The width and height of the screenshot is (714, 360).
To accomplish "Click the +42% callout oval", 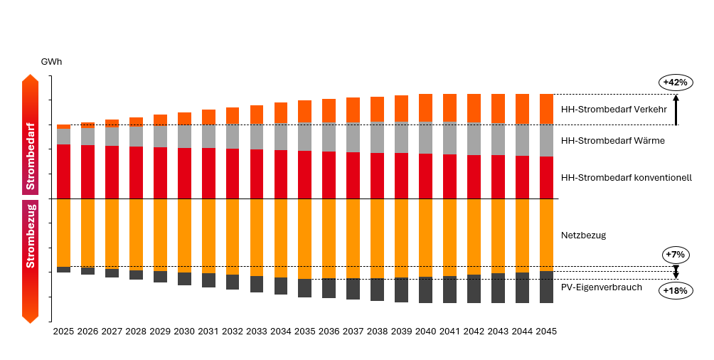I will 675,82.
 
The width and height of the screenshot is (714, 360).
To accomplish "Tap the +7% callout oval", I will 675,254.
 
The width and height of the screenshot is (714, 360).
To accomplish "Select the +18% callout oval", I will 675,290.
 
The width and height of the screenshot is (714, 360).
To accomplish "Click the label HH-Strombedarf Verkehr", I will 613,110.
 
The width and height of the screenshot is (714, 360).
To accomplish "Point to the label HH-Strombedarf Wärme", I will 612,141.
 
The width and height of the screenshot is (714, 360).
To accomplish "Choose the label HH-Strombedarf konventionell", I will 626,177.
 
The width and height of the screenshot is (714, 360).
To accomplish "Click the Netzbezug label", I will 583,235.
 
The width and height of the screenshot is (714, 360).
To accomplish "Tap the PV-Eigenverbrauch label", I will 602,287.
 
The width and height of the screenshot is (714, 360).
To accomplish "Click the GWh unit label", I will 51,62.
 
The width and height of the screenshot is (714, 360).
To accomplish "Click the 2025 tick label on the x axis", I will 63,332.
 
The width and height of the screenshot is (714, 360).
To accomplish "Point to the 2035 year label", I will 305,332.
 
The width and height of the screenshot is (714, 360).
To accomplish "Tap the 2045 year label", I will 546,332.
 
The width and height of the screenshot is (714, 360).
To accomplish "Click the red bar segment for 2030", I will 184,173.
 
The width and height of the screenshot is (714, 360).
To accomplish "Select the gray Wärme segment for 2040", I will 426,137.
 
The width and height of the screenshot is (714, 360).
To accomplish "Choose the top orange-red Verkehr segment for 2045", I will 546,109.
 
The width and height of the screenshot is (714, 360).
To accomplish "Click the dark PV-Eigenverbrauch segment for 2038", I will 378,289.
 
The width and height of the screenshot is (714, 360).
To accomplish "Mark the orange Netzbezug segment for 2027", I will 112,233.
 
